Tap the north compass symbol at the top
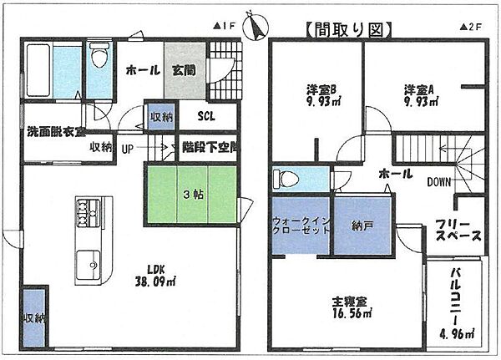(255, 28)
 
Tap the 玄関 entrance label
(185, 71)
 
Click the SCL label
(207, 117)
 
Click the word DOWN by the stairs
(439, 181)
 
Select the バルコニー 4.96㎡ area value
(458, 335)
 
